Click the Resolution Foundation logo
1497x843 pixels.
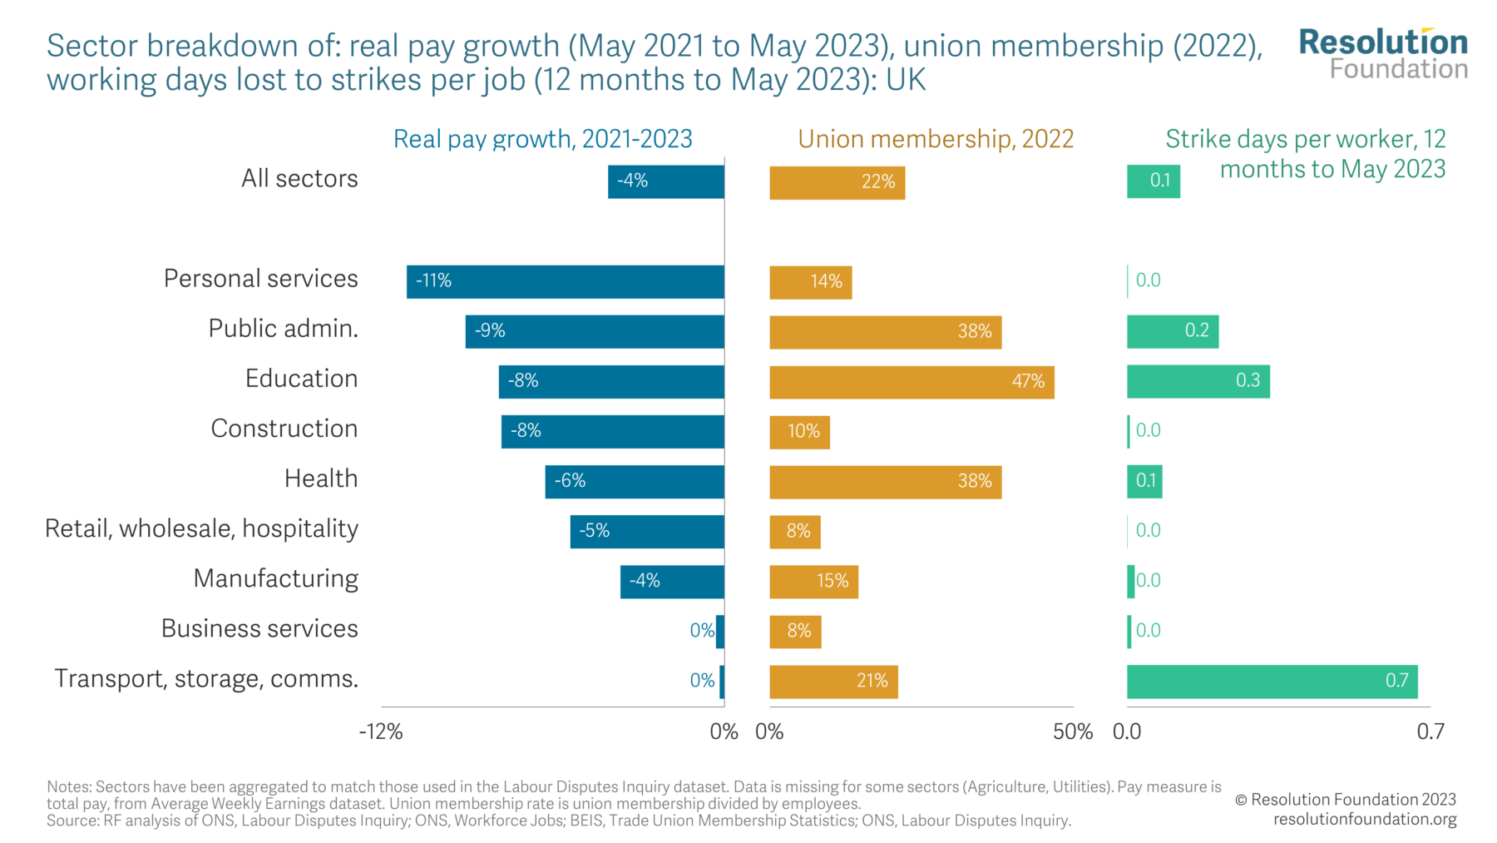pos(1382,53)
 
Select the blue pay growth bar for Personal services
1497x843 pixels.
pos(565,281)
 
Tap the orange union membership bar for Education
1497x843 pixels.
pos(911,382)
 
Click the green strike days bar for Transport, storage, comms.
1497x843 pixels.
pos(1271,682)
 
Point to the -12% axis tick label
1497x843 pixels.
pos(381,731)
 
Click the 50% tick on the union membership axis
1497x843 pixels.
pos(1072,731)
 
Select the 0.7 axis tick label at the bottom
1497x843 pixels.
pos(1430,731)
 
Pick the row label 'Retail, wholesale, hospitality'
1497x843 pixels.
pos(201,528)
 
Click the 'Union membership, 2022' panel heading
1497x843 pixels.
pos(936,139)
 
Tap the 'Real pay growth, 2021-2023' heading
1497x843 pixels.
pos(542,139)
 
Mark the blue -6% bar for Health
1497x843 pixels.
pos(634,481)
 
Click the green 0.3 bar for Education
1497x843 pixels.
pos(1198,381)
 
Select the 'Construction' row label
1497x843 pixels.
pos(284,429)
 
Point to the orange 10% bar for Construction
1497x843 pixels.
pos(799,432)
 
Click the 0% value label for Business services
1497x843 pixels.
pos(701,631)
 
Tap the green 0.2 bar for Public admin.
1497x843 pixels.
pos(1172,331)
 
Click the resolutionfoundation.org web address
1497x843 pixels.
pos(1364,819)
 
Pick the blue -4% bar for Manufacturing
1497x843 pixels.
pos(671,581)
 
